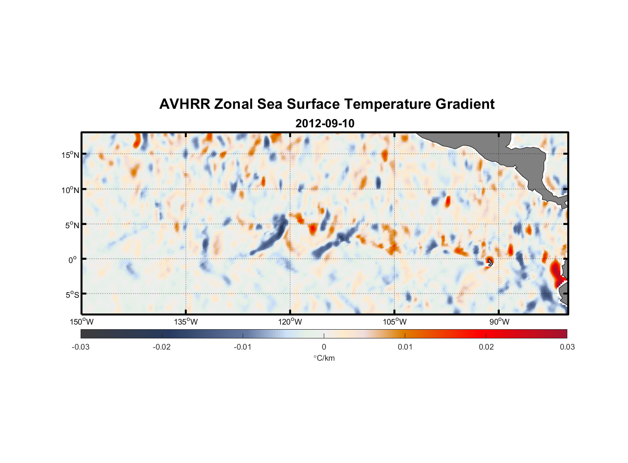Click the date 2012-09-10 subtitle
325,124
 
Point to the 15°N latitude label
70,155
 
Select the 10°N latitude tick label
70,190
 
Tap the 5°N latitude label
71,225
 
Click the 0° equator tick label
73,260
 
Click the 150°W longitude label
82,322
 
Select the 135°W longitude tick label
186,322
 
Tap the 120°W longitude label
290,322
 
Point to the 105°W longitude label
395,322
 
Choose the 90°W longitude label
499,322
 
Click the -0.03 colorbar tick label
81,347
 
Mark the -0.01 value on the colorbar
243,347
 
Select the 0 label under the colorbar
324,347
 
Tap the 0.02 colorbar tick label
486,347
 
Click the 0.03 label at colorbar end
567,347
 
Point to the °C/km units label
324,358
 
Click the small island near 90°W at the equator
490,263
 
